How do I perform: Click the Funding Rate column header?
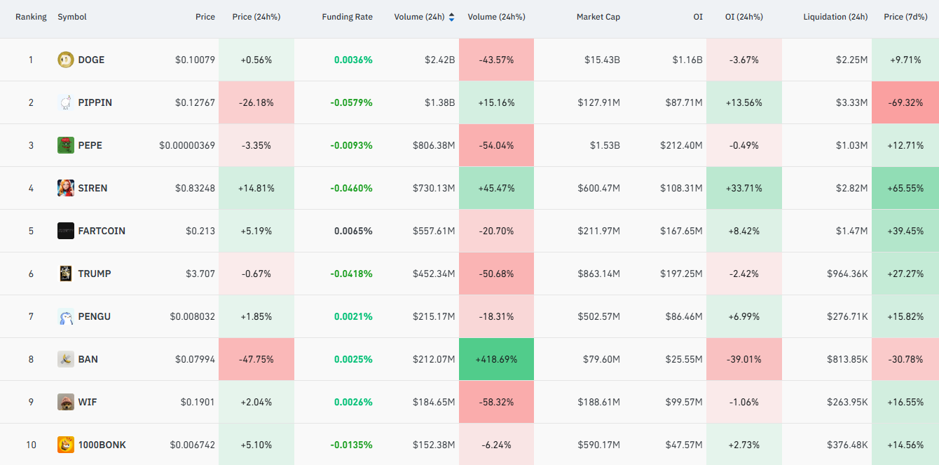pyautogui.click(x=347, y=17)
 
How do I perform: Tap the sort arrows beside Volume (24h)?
pyautogui.click(x=451, y=17)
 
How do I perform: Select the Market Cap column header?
pyautogui.click(x=598, y=17)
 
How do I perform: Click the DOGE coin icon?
pyautogui.click(x=66, y=60)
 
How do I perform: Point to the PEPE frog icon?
pyautogui.click(x=66, y=145)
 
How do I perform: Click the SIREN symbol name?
pyautogui.click(x=92, y=188)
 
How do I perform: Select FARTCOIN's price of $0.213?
pyautogui.click(x=200, y=231)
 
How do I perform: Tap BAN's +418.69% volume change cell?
pyautogui.click(x=496, y=359)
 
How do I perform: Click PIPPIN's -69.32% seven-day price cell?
pyautogui.click(x=905, y=102)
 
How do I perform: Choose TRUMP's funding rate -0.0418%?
pyautogui.click(x=351, y=274)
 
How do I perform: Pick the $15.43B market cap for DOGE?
pyautogui.click(x=602, y=60)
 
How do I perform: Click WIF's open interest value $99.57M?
pyautogui.click(x=684, y=402)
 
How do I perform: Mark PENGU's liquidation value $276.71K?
pyautogui.click(x=847, y=316)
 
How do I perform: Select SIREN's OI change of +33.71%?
pyautogui.click(x=744, y=188)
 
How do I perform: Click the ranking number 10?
pyautogui.click(x=31, y=445)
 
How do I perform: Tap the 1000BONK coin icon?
pyautogui.click(x=66, y=445)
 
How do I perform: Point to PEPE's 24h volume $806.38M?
pyautogui.click(x=434, y=145)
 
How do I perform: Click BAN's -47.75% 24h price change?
pyautogui.click(x=256, y=359)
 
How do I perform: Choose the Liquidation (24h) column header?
pyautogui.click(x=835, y=17)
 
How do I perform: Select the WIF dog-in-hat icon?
pyautogui.click(x=66, y=402)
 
